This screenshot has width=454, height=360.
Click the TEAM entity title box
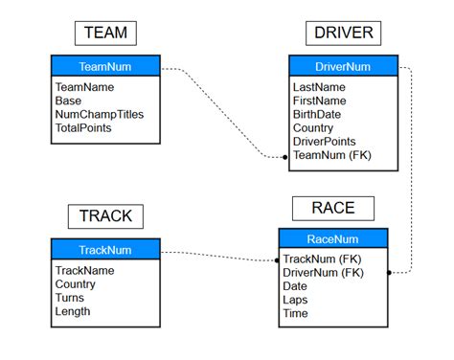tap(105, 34)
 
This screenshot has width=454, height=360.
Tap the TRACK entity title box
tap(105, 216)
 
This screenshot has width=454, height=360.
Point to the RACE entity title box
tap(332, 208)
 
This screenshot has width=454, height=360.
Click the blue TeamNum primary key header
tap(105, 67)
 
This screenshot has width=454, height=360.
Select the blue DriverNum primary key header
tap(343, 67)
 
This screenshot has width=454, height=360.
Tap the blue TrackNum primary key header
tap(105, 251)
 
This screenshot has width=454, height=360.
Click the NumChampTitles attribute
tap(100, 114)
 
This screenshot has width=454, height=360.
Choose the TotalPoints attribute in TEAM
tap(83, 127)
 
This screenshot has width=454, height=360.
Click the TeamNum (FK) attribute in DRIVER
tap(331, 154)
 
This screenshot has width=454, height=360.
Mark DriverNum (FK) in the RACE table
tap(324, 273)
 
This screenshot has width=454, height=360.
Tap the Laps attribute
tap(296, 300)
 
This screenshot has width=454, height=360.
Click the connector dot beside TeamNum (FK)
tap(285, 156)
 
